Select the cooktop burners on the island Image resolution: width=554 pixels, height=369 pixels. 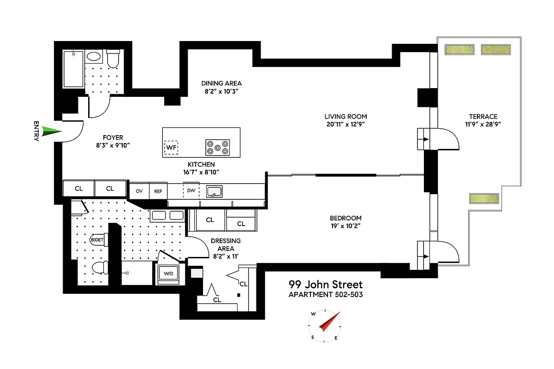217,147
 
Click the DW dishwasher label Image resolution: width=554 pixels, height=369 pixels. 191,190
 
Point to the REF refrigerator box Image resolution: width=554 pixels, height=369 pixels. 158,190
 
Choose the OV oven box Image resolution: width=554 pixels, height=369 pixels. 138,190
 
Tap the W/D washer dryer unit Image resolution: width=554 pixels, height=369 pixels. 169,274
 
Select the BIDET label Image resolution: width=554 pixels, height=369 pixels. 97,240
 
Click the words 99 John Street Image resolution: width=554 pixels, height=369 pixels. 326,285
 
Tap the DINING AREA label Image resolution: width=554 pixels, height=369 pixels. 221,83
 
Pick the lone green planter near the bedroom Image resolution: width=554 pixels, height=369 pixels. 485,199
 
